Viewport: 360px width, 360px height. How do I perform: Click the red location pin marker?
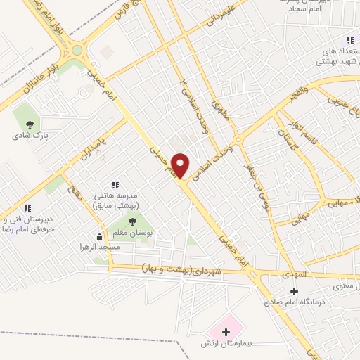click(x=181, y=166)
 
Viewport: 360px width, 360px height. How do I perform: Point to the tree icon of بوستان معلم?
click(x=132, y=222)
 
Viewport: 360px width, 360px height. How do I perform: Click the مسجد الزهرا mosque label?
click(x=99, y=247)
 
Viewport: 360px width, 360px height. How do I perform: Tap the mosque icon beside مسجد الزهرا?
click(x=99, y=237)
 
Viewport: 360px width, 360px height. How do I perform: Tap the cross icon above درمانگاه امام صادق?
click(x=294, y=291)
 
